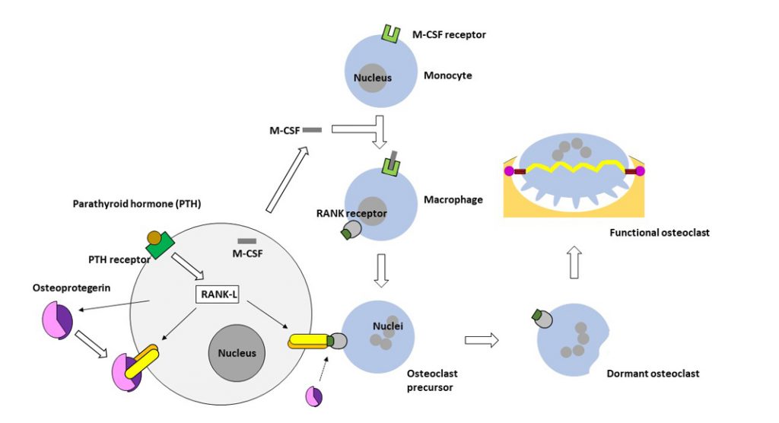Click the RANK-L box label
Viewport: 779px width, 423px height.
(218, 293)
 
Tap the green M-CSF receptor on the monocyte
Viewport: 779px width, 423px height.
(391, 33)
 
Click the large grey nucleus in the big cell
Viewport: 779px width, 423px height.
(237, 352)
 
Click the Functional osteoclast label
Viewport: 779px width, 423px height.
(659, 233)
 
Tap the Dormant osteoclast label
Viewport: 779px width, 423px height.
(653, 374)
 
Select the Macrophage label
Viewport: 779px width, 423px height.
(453, 199)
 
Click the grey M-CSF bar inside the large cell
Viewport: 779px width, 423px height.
(246, 240)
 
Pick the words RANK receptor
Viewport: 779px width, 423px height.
(351, 214)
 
